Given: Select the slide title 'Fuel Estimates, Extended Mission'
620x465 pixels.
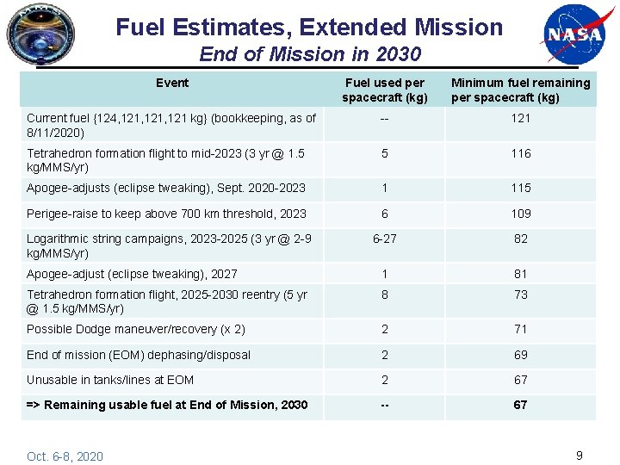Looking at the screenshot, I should click(x=309, y=27).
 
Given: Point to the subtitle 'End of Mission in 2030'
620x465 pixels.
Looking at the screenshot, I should click(x=310, y=54).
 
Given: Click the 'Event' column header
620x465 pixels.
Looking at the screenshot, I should click(x=172, y=83).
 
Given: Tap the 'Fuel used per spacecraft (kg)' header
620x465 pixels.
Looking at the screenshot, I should click(x=384, y=90).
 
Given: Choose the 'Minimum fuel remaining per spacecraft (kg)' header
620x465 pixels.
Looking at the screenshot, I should click(x=520, y=90).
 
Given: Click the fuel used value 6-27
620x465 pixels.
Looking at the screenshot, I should click(x=384, y=239).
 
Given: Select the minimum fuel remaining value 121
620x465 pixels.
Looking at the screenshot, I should click(x=520, y=118).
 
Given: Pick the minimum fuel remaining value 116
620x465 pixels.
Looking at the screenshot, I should click(x=520, y=153).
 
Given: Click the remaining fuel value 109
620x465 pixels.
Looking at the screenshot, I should click(x=520, y=214).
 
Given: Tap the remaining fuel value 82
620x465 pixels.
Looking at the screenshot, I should click(x=520, y=239).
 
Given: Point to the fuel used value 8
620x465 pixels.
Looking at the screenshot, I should click(x=384, y=294).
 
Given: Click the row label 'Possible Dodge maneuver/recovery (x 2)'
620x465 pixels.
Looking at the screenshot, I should click(x=136, y=329).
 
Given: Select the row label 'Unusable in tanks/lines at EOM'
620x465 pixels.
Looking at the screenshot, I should click(x=110, y=380).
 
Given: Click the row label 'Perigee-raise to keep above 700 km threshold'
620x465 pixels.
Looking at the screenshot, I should click(x=166, y=214).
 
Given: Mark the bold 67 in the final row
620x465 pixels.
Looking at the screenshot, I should click(x=520, y=405).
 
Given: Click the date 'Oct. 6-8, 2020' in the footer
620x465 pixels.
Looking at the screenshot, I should click(x=65, y=456).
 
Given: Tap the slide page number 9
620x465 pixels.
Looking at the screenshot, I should click(x=579, y=456).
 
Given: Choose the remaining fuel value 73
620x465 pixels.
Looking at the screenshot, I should click(x=520, y=294).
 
